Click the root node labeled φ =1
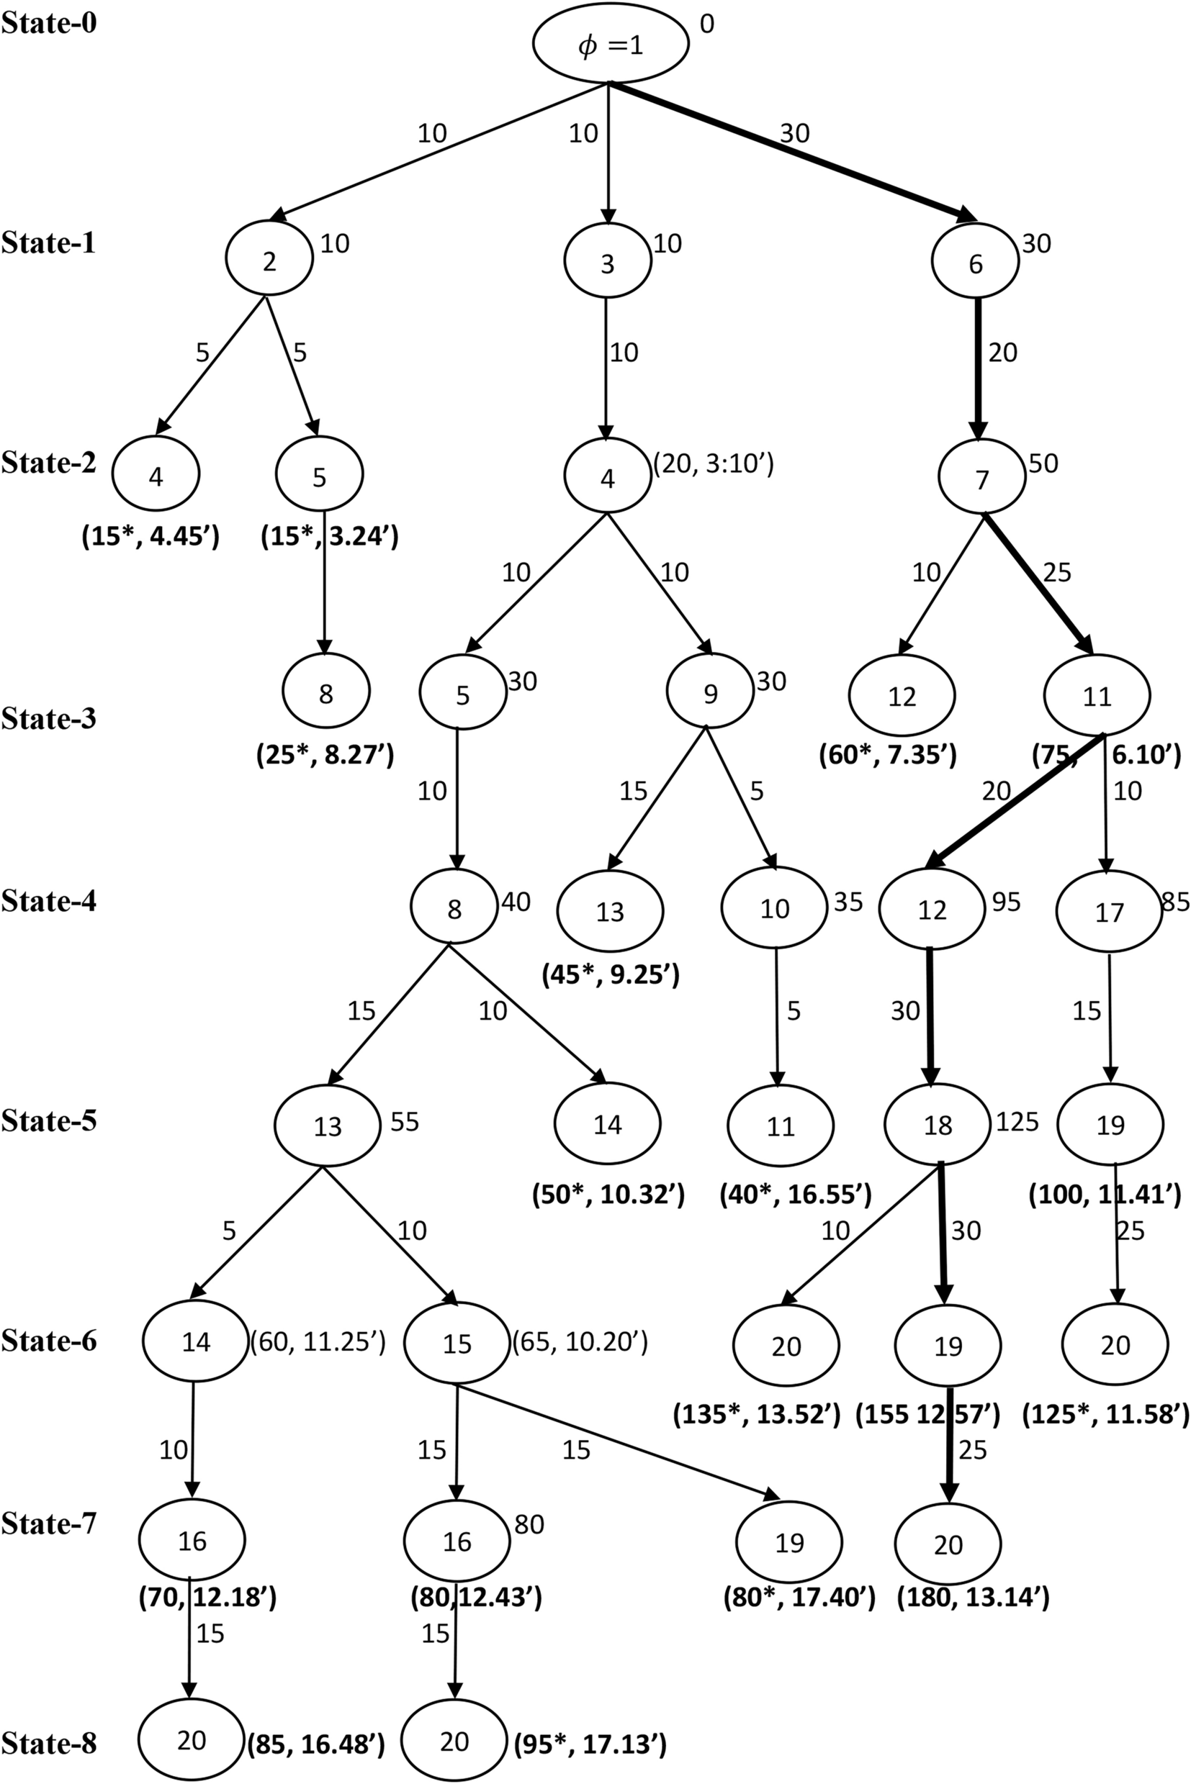coord(611,44)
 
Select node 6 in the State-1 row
coord(975,263)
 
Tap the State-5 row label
coord(50,1120)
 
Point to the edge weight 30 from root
coord(794,134)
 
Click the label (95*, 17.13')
coord(590,1739)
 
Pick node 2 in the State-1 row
coord(269,261)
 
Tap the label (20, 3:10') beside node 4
coord(714,462)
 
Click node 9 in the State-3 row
coord(710,693)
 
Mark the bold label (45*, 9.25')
coord(610,974)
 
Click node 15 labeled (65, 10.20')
coord(457,1344)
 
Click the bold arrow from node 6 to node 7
coord(979,368)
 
